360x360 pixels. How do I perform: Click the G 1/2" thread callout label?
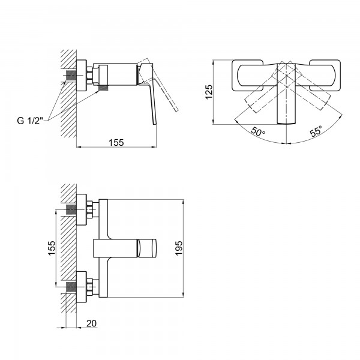point(30,121)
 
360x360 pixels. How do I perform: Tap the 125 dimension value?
point(209,92)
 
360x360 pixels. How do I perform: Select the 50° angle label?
point(258,131)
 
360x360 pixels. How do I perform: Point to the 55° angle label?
point(316,131)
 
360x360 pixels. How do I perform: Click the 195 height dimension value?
point(178,248)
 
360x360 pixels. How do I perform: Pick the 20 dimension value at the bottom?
point(91,323)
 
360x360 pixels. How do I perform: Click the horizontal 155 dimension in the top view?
point(116,142)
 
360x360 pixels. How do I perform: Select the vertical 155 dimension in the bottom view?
point(52,248)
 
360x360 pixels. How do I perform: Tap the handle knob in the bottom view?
point(147,248)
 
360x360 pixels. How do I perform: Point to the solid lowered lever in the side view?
point(149,94)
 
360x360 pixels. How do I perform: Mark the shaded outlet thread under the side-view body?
point(103,88)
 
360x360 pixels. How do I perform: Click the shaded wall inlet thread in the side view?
point(71,76)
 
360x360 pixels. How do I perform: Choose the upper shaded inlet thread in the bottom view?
point(71,210)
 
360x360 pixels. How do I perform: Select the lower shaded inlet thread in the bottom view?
point(71,287)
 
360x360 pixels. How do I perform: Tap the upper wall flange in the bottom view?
point(82,209)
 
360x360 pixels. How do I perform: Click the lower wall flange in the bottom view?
point(82,287)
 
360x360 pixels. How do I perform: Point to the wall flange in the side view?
point(82,76)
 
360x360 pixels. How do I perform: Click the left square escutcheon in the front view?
point(247,76)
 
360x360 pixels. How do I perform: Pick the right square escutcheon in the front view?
point(325,76)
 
